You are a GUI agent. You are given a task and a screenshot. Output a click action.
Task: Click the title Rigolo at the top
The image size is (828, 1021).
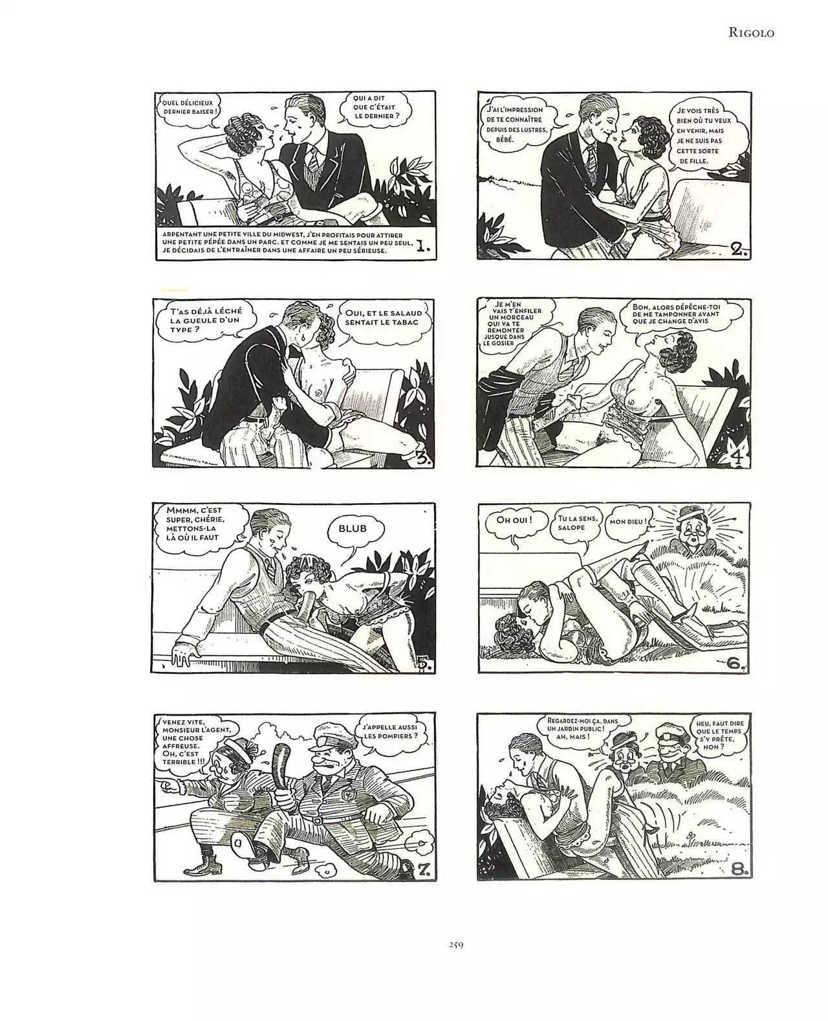[x=751, y=32]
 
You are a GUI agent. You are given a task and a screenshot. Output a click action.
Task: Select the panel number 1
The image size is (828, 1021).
[x=423, y=247]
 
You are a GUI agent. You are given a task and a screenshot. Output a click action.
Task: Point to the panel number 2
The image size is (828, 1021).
[x=739, y=249]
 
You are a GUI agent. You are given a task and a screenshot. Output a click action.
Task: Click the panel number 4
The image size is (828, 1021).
[x=737, y=457]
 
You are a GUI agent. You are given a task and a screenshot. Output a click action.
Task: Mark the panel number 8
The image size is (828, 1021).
[x=739, y=869]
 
